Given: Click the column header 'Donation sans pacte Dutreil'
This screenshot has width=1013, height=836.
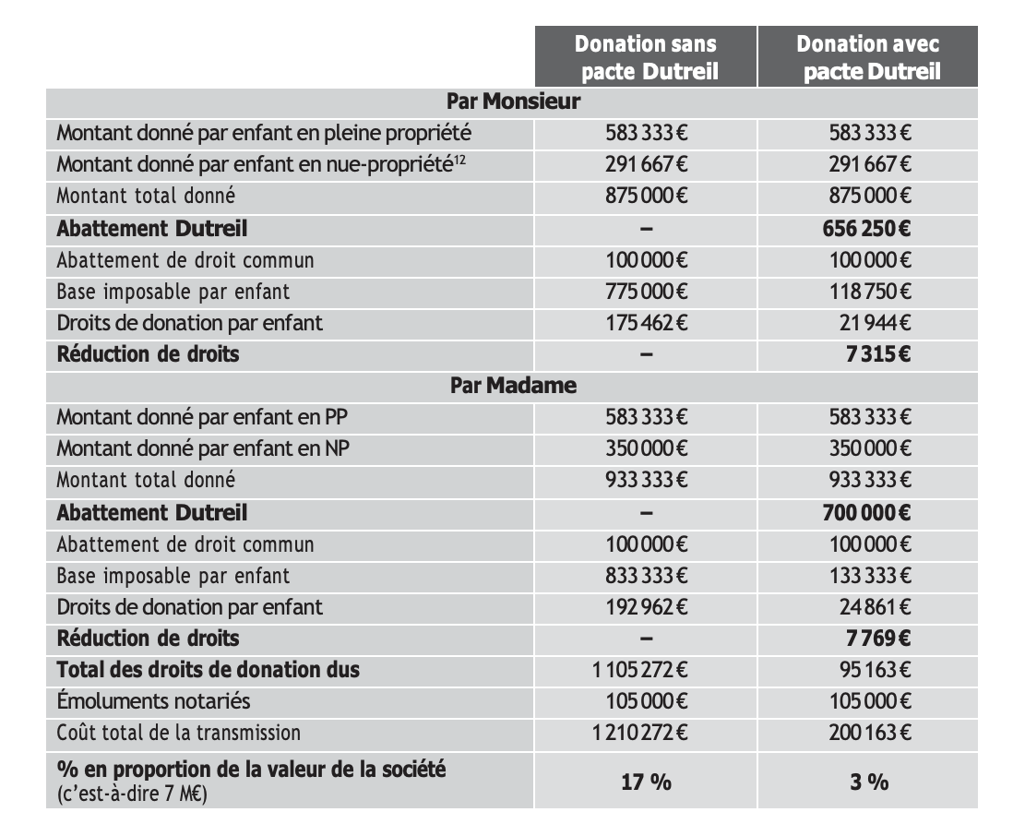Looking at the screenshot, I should pos(646,57).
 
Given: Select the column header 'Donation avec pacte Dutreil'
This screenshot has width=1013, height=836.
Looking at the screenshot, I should pos(867,57).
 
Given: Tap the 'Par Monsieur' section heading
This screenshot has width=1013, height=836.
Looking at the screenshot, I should pos(513,102).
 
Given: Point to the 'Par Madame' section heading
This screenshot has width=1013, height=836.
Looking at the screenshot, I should pos(513,385).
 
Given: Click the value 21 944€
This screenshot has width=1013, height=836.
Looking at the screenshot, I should pos(871,323).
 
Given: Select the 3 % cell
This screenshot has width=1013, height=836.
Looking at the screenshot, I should pos(868,782).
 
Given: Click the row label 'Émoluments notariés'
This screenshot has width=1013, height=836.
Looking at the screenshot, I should pos(153,701).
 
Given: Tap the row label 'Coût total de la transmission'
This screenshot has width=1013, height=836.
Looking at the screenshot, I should pos(179,734).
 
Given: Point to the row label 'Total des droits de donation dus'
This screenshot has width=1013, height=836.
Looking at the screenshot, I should pos(209,670).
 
